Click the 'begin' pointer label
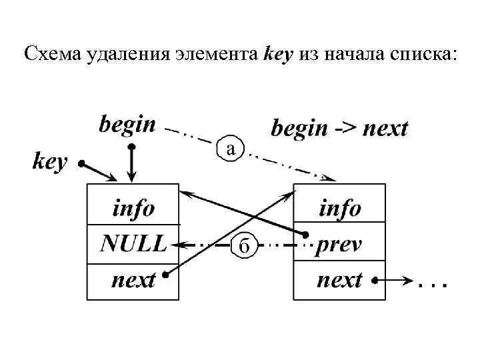click(x=127, y=125)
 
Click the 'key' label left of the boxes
click(x=50, y=161)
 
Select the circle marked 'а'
click(x=230, y=149)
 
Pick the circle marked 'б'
click(x=244, y=246)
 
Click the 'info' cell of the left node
click(x=133, y=209)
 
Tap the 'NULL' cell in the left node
click(x=133, y=244)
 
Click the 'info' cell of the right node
click(x=339, y=209)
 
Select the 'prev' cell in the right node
click(x=339, y=244)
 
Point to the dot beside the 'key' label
click(x=81, y=163)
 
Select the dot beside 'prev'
click(x=304, y=235)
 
